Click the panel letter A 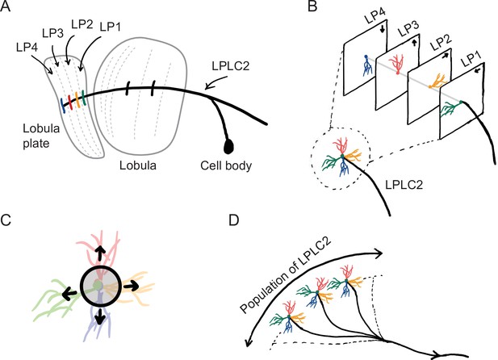coord(6,6)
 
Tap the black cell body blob coord(228,146)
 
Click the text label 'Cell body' coord(226,165)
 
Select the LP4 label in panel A coord(27,48)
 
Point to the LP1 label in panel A coord(111,27)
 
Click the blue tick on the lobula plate coord(63,105)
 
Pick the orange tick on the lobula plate coord(77,99)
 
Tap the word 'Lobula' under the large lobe coord(138,165)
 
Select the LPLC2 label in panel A coord(231,65)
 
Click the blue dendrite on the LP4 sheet coord(367,65)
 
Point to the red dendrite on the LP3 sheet coord(398,65)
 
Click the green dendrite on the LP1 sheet coord(451,107)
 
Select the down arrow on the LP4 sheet coord(382,29)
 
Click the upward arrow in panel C coord(100,253)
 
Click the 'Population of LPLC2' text coord(286,275)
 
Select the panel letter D coord(234,220)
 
